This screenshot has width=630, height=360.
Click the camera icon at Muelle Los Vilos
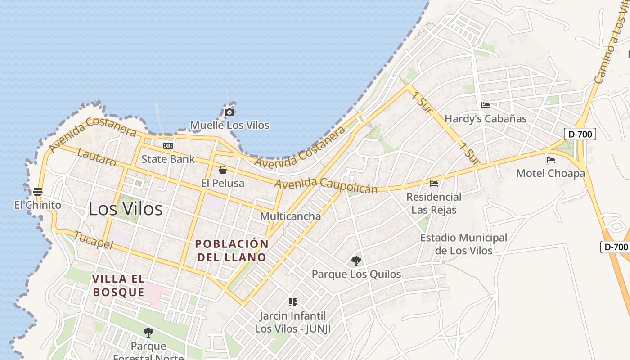[x=229, y=112]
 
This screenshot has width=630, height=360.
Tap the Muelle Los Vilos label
[x=229, y=125]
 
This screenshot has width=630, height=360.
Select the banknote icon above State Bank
[x=168, y=146]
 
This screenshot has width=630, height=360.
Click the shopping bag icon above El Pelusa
[x=222, y=170]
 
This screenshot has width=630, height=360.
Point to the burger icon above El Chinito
[x=38, y=192]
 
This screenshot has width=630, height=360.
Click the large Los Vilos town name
[x=126, y=209]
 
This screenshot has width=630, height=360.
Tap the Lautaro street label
[x=97, y=157]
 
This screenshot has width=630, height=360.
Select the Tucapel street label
[x=92, y=240]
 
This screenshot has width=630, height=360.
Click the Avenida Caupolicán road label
[x=326, y=185]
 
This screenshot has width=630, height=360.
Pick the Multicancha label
[x=291, y=216]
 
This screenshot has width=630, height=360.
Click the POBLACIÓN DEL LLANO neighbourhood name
[x=232, y=251]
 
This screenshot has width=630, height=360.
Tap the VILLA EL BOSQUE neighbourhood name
[x=119, y=285]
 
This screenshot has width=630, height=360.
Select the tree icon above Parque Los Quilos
[x=356, y=261]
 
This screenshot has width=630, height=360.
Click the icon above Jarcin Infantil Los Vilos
[x=293, y=302]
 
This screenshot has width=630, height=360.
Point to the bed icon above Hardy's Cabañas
[x=486, y=106]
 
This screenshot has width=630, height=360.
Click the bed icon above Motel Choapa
[x=551, y=160]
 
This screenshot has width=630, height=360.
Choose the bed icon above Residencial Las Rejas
[x=434, y=184]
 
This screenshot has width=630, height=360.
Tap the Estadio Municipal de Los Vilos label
[x=463, y=244]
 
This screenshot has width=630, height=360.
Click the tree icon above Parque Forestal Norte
[x=148, y=333]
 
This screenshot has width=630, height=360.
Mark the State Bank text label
[x=168, y=159]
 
